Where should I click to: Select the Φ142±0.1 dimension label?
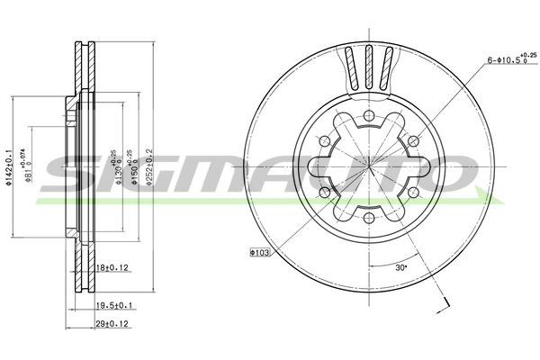[x=8, y=166]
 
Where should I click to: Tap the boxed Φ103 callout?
[x=260, y=254]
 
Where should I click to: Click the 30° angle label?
[x=401, y=268]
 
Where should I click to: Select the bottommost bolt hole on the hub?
[x=369, y=217]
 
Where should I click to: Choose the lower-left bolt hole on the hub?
[x=326, y=192]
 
